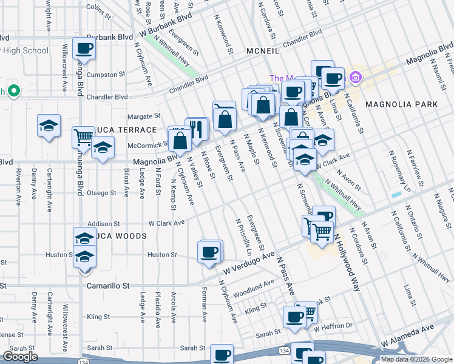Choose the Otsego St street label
[102, 193]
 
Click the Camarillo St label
[108, 285]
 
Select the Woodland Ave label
[256, 285]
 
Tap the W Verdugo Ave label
[249, 262]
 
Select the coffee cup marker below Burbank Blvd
[84, 49]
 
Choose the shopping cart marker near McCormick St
[83, 136]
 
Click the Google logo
[21, 357]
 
